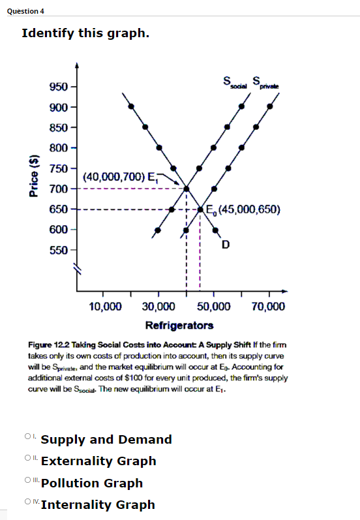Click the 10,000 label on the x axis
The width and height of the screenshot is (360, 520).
pos(105,307)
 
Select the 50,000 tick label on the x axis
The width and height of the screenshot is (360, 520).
pos(213,307)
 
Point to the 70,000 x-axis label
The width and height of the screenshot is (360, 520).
pos(267,307)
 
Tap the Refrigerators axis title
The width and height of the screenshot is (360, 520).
pos(179,325)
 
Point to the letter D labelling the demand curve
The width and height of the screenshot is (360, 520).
pos(225,245)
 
